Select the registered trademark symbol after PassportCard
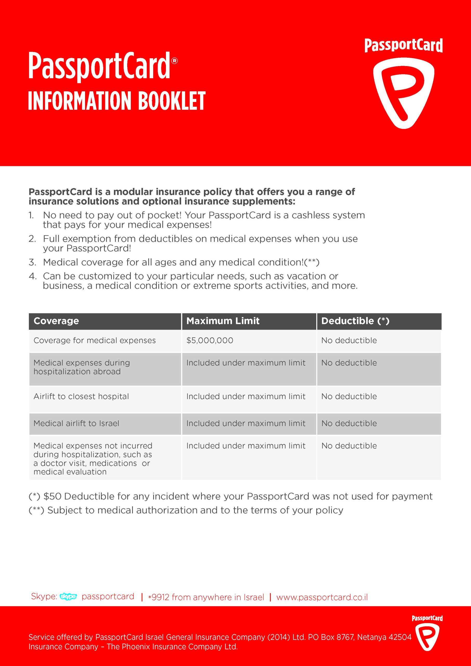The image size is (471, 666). tap(174, 61)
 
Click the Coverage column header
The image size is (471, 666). tap(56, 321)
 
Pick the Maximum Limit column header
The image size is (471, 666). tap(223, 321)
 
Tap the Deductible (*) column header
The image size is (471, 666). tap(355, 321)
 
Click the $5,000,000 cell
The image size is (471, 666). tap(210, 340)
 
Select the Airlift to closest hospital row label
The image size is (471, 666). tap(81, 396)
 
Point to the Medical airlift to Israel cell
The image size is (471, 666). tap(76, 423)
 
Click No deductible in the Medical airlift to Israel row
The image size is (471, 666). tap(349, 423)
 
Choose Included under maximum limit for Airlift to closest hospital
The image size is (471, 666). tap(246, 396)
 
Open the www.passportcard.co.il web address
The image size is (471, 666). tap(322, 597)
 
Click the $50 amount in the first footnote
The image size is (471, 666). tap(53, 496)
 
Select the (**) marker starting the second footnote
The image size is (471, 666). tap(36, 510)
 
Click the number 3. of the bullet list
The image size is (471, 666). tap(32, 262)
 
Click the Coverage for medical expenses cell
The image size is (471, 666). tap(95, 340)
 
